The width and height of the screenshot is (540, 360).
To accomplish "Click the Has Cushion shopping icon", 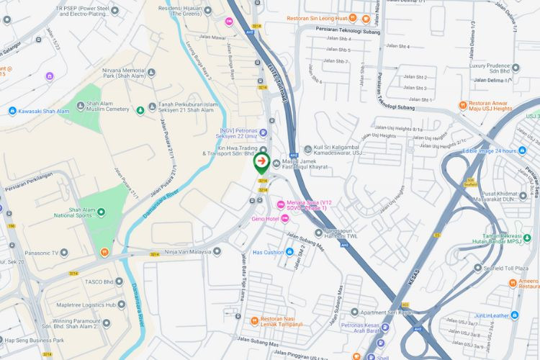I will pos(289,252).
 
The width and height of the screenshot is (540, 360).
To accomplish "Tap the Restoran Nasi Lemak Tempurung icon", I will pos(253,320).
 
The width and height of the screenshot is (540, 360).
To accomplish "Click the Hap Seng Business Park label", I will pos(35,340).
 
